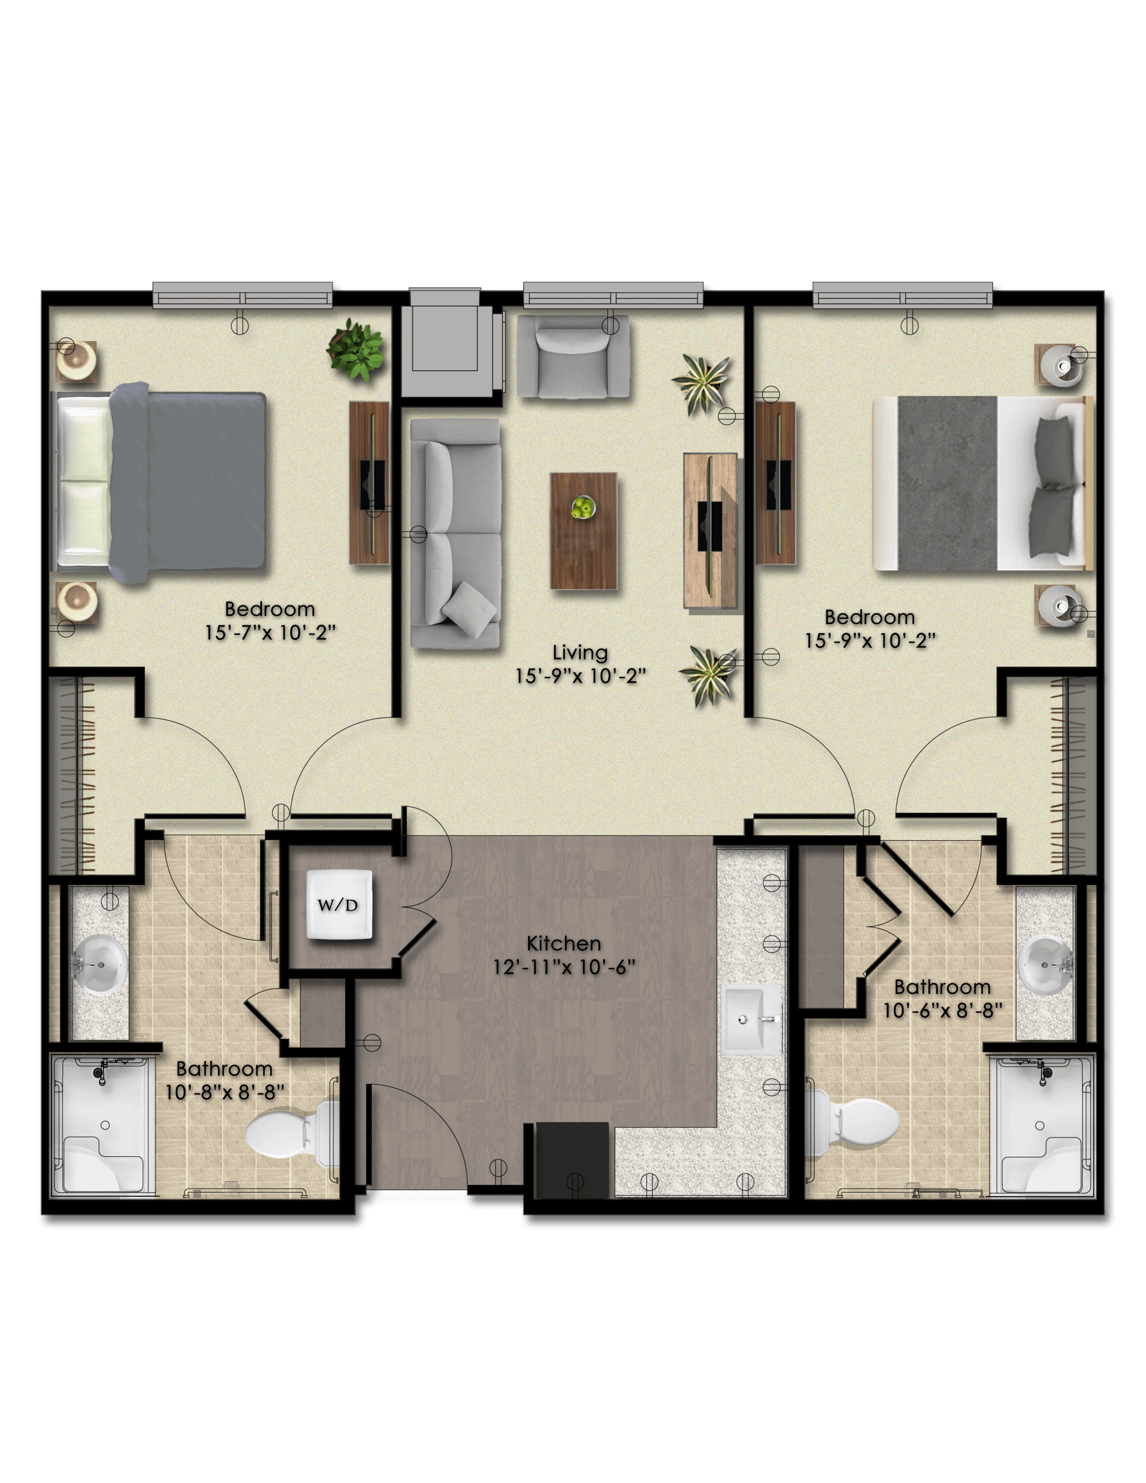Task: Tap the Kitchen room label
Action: pos(564,943)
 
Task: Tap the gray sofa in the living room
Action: pos(455,532)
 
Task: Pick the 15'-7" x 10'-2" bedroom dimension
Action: pos(270,632)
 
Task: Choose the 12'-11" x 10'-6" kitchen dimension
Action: pos(564,966)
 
